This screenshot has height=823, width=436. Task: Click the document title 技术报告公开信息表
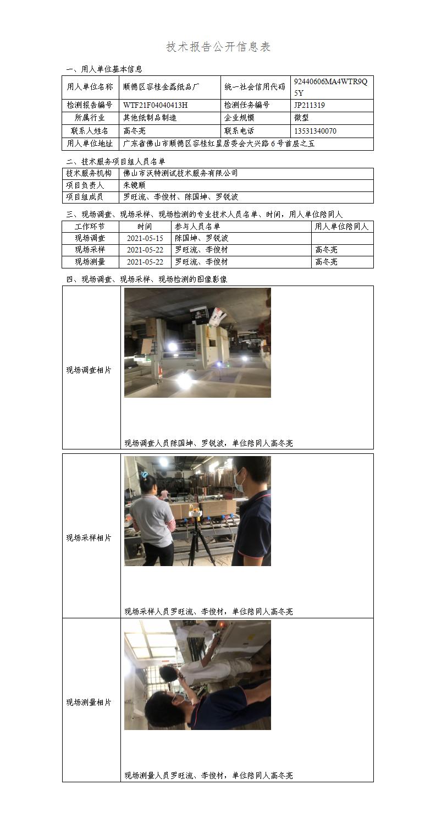click(x=218, y=47)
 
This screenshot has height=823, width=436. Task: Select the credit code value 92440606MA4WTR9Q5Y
click(x=330, y=87)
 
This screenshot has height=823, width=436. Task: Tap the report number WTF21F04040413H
click(x=156, y=105)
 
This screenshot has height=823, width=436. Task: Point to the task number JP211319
click(x=310, y=105)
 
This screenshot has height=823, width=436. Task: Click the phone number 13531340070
click(x=315, y=131)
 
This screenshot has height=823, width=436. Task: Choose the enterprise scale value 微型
click(x=301, y=118)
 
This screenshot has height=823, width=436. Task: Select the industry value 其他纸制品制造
click(x=150, y=118)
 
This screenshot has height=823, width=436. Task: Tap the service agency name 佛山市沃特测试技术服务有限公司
click(x=180, y=173)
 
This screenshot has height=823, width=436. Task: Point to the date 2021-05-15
click(x=145, y=238)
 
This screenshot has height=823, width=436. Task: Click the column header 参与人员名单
click(x=197, y=226)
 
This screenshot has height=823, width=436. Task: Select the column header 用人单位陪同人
click(x=341, y=226)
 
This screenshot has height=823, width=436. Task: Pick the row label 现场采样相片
click(x=89, y=538)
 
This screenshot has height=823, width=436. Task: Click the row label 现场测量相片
click(x=89, y=702)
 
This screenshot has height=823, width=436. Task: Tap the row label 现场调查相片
click(x=89, y=370)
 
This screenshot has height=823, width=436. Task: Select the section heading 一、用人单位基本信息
click(x=104, y=69)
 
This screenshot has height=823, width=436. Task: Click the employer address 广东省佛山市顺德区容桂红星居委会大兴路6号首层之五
click(x=219, y=144)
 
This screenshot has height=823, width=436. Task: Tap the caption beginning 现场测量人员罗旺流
click(x=208, y=775)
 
